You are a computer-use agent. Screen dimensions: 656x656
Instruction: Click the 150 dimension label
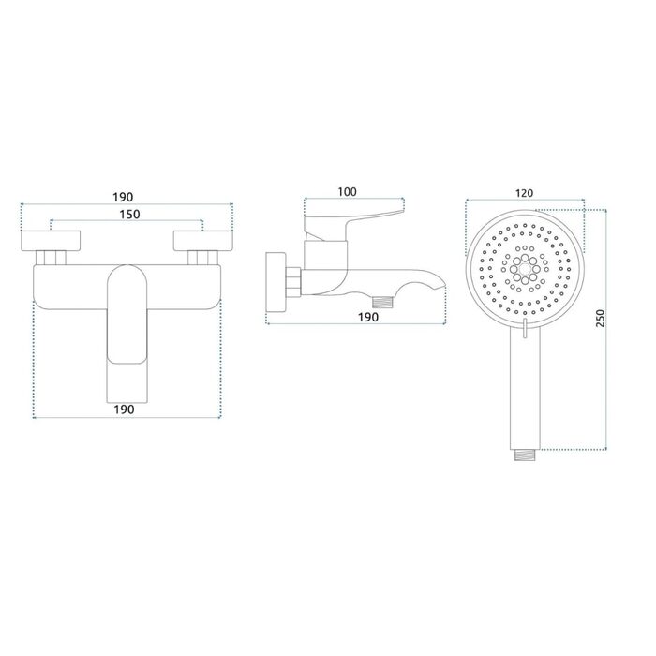coord(129,215)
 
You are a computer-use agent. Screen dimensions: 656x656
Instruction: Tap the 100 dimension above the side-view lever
coord(348,191)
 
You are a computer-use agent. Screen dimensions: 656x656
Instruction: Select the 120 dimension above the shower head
coord(524,193)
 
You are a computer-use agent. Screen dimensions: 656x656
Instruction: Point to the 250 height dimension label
coord(600,319)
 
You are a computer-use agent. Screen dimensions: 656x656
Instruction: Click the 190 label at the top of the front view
coord(123,197)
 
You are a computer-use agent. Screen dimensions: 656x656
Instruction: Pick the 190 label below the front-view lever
coord(125,410)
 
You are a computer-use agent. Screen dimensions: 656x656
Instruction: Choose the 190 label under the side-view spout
coord(368,317)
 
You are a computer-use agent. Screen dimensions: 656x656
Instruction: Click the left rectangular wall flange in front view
coord(51,241)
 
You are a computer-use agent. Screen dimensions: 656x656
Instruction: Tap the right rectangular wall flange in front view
coord(203,241)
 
